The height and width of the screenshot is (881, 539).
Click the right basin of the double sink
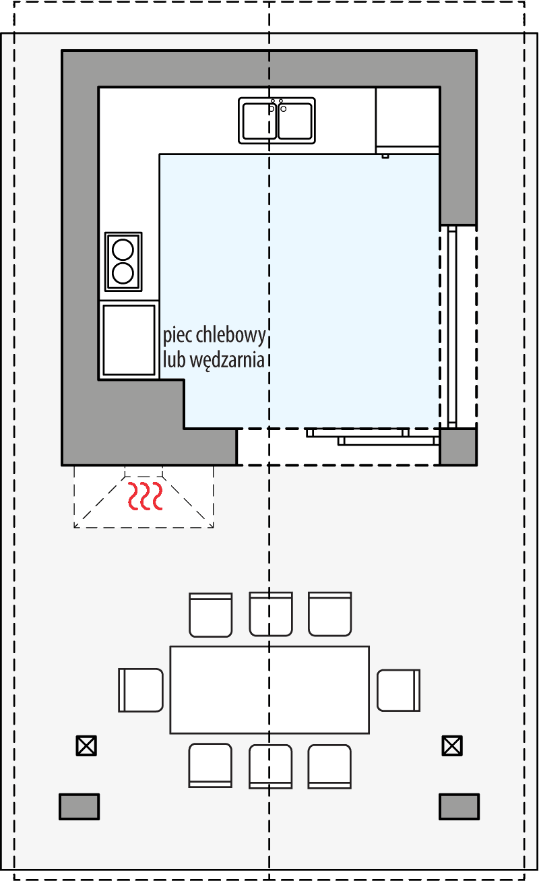point(294,121)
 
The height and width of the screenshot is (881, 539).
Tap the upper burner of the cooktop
point(123,249)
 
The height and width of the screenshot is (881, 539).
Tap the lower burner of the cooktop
point(123,273)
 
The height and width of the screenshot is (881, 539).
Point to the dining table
point(269,690)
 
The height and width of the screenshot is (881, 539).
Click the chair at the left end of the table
point(141,690)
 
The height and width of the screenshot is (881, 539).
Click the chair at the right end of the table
point(398,690)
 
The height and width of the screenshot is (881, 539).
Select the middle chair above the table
point(271,613)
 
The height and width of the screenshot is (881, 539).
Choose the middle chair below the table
point(271,766)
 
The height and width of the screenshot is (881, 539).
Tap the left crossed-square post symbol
point(86,746)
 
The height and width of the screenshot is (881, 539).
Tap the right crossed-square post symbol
point(452,746)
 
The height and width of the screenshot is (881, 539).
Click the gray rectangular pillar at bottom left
point(80,806)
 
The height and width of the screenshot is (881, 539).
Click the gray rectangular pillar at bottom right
point(459,806)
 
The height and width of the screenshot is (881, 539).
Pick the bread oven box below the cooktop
point(129,340)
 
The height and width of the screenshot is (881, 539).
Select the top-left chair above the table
point(211,614)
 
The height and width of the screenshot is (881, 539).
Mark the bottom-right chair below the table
point(329,766)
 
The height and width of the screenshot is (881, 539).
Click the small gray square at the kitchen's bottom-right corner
point(458,447)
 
